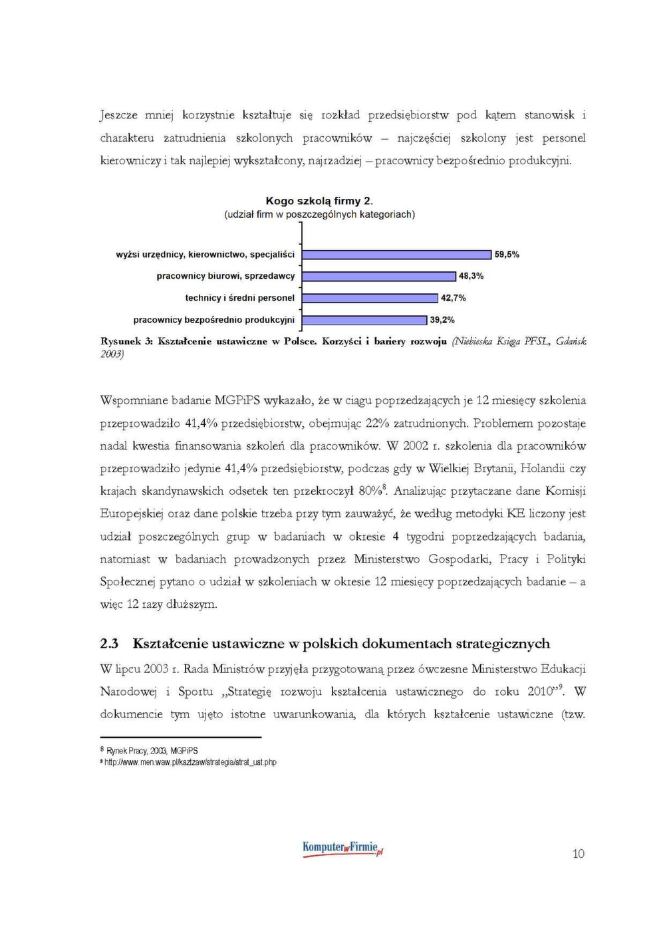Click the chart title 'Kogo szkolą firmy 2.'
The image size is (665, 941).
[x=319, y=201]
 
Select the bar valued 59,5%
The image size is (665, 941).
[x=396, y=255]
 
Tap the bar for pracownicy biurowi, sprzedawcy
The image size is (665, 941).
[x=379, y=276]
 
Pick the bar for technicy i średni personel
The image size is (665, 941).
[x=370, y=298]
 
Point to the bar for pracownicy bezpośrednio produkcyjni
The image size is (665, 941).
[x=364, y=320]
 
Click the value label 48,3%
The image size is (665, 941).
[x=471, y=276]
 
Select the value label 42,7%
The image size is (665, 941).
[x=454, y=298]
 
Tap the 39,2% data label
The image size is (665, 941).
[x=442, y=320]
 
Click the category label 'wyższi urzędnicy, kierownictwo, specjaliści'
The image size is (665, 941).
[x=205, y=255]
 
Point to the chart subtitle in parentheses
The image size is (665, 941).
[x=319, y=215]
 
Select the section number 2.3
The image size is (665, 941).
[x=109, y=644]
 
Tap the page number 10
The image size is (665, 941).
[x=578, y=854]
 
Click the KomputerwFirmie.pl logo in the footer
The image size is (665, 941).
[x=342, y=849]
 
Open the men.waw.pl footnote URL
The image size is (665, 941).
[x=190, y=762]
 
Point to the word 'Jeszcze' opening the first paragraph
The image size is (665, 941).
[x=119, y=116]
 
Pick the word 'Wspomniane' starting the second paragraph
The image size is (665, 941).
[x=132, y=400]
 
